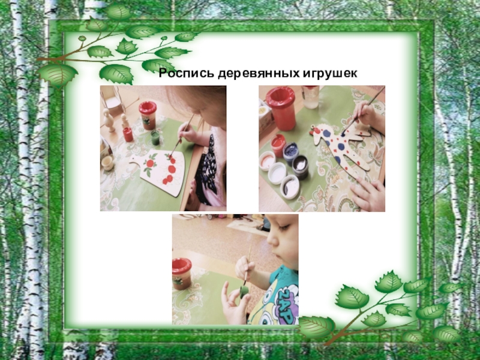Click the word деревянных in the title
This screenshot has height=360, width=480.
click(x=259, y=74)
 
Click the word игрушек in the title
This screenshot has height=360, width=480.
click(x=330, y=74)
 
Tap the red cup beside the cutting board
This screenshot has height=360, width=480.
click(x=148, y=115)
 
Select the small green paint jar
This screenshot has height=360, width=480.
click(x=155, y=137)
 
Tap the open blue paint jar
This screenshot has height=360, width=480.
click(x=290, y=152)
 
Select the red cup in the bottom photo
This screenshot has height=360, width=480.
click(x=182, y=274)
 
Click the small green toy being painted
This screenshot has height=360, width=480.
click(x=244, y=292)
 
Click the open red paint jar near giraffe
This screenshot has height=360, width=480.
click(x=278, y=145)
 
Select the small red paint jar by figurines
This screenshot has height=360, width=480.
click(x=128, y=134)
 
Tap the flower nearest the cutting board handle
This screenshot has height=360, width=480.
click(x=150, y=163)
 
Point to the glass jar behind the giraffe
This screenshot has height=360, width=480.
click(x=310, y=97)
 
